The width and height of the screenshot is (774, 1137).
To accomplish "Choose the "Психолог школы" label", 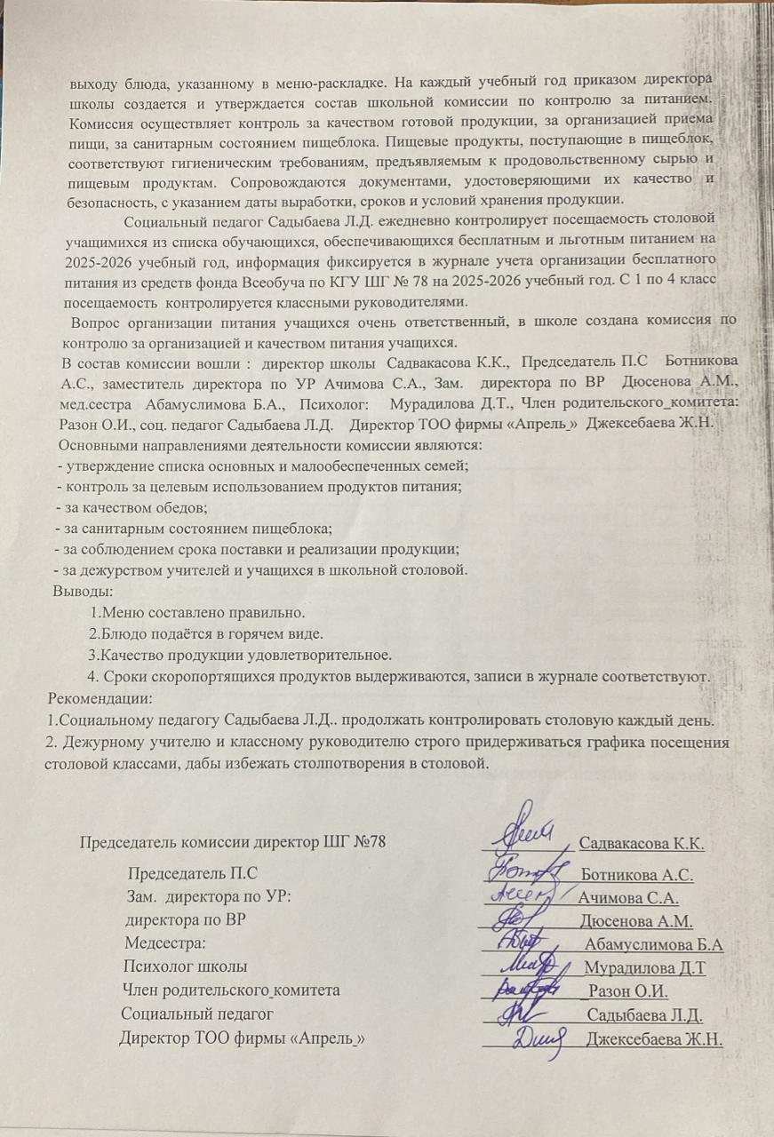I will pos(185,966).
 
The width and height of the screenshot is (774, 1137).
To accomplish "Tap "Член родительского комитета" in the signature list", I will pos(230,990).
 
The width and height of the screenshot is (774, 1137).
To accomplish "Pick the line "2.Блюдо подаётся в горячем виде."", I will pos(205,634).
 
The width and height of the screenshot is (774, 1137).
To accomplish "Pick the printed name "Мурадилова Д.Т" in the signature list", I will pos(646,967).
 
